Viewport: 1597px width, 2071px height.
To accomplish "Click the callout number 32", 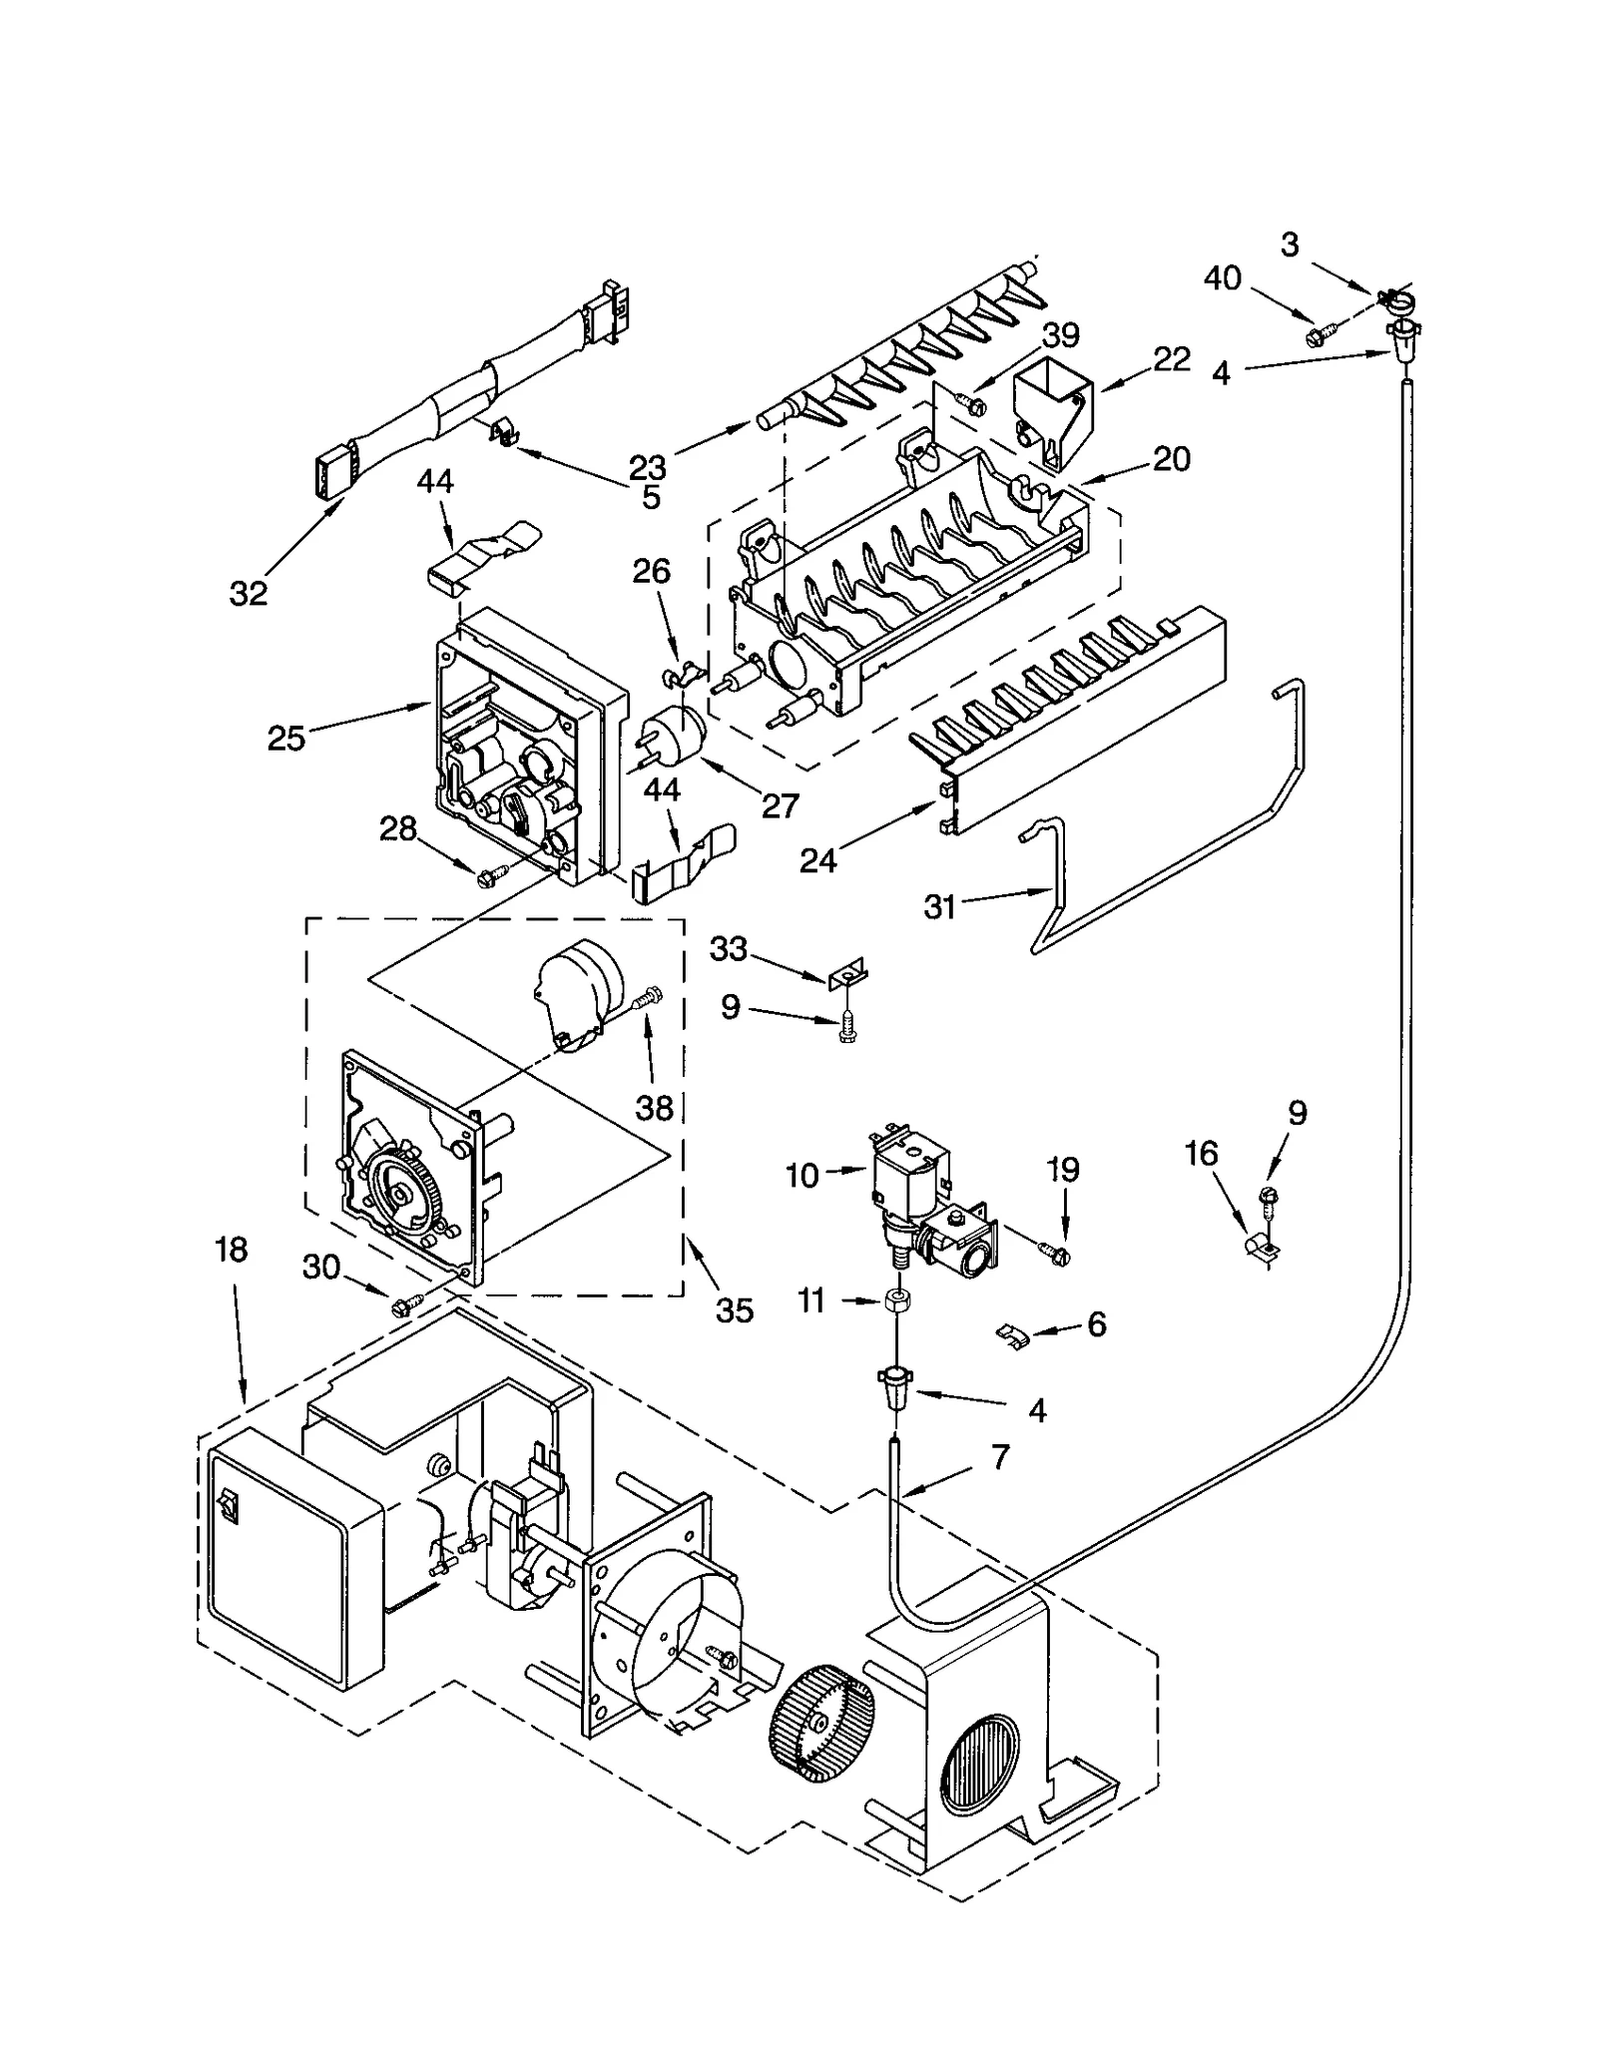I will click(x=249, y=593).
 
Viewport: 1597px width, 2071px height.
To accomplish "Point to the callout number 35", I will click(x=735, y=1309).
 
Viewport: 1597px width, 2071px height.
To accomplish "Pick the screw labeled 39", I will click(x=972, y=404).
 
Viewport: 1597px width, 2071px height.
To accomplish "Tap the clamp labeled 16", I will click(x=1261, y=1248).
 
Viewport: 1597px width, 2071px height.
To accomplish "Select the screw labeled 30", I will click(x=408, y=1302).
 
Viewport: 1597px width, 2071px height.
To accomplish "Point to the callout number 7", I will click(x=1001, y=1456).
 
